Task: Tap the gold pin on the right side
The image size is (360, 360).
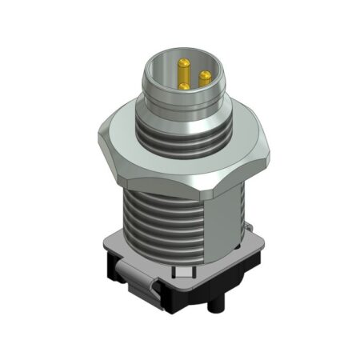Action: (205, 78)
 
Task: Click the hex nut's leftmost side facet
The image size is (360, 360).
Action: (108, 148)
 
